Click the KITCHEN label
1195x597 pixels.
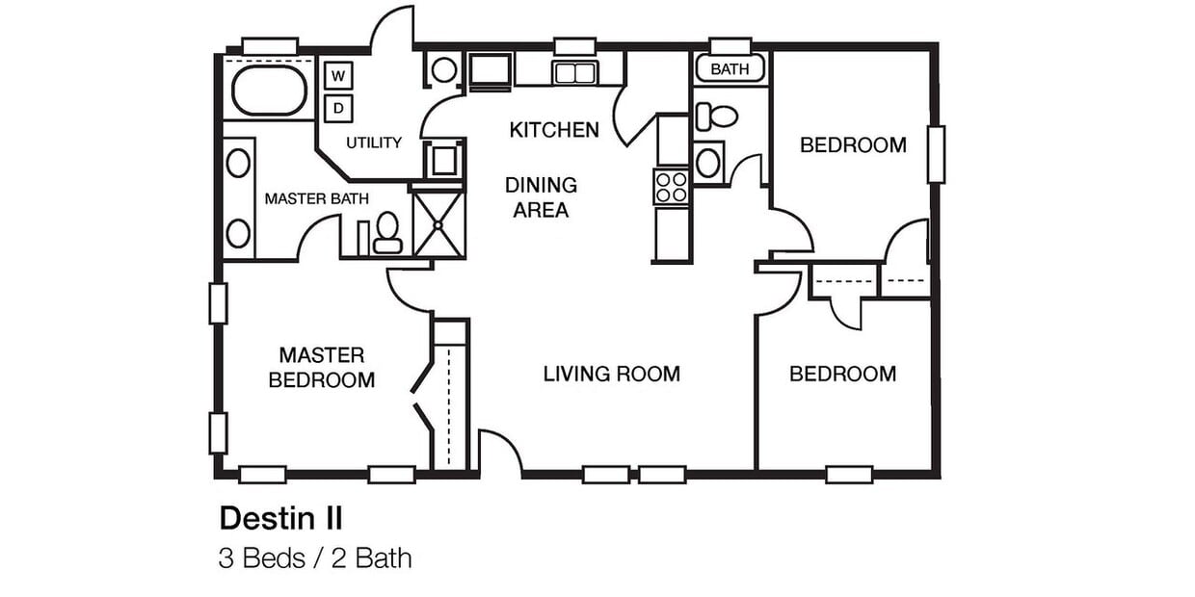(x=554, y=129)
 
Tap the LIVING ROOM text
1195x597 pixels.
(x=611, y=374)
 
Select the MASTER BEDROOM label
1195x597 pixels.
(x=322, y=368)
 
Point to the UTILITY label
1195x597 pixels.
(x=374, y=143)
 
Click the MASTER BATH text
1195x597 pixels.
(x=316, y=199)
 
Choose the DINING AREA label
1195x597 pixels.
(x=541, y=197)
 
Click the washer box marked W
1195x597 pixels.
(x=338, y=75)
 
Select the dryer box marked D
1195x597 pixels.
(x=338, y=109)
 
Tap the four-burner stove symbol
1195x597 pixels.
(x=672, y=186)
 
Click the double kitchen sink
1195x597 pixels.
(x=573, y=72)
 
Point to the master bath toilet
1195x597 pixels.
(x=387, y=234)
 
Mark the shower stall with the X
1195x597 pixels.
(x=438, y=223)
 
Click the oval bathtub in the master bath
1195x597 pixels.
(x=270, y=91)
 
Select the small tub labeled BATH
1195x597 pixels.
(x=730, y=68)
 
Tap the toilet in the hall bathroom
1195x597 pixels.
(x=717, y=117)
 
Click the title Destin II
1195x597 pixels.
(x=280, y=518)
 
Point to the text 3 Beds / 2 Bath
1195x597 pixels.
(x=314, y=558)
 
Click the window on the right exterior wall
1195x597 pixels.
(x=935, y=153)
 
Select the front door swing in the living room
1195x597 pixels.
(x=499, y=453)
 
